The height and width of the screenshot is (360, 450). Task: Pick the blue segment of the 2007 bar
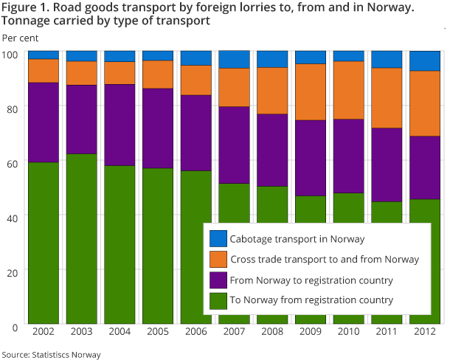click(234, 60)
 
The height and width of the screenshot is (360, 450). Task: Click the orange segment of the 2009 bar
click(311, 92)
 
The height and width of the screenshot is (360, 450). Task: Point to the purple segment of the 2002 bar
click(43, 122)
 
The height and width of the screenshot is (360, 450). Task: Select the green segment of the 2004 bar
click(120, 244)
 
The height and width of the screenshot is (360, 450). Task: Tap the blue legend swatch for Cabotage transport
click(218, 239)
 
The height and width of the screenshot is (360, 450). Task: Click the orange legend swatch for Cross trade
click(218, 259)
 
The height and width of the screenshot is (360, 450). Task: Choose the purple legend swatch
click(218, 280)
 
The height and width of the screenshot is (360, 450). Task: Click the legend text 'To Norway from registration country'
click(311, 300)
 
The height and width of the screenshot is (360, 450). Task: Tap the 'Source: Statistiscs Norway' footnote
click(51, 354)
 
